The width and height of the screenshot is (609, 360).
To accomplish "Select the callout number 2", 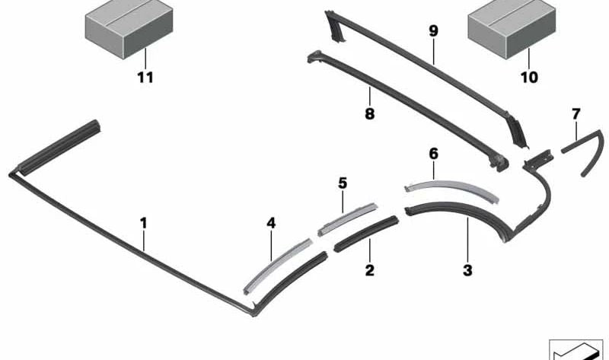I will tap(369, 269).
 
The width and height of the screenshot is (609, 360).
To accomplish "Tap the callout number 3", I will tap(467, 269).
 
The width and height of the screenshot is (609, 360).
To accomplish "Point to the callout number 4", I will tap(271, 223).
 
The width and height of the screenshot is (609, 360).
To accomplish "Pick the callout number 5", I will tap(343, 183).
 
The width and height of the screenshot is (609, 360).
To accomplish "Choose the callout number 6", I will tap(433, 153).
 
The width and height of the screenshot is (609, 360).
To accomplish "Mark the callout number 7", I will tap(576, 114).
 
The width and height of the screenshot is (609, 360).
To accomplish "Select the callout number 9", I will tap(433, 31).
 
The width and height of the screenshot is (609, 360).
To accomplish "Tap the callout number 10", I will tap(528, 77).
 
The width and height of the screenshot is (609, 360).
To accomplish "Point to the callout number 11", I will tap(144, 77).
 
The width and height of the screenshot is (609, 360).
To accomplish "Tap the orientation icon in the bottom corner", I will tap(577, 349).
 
